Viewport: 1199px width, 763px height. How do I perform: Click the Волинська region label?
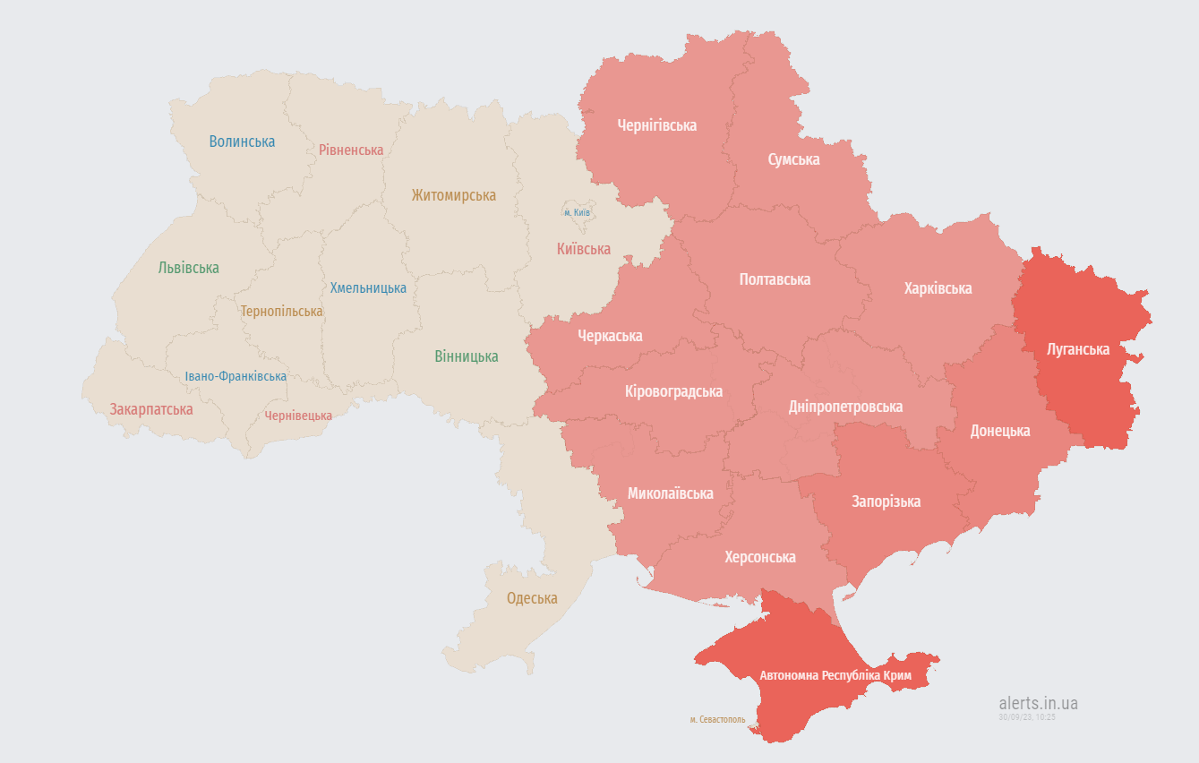242,141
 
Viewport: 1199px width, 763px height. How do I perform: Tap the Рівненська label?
351,150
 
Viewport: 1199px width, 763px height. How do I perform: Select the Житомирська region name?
453,195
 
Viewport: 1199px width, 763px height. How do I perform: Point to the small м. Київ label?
577,212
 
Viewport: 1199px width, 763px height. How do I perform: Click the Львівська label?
188,268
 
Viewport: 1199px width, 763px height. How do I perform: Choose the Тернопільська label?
281,312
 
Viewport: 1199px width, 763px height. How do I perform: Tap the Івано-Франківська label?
236,376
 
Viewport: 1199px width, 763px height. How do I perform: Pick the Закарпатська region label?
151,409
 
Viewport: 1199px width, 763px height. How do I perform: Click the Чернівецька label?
298,416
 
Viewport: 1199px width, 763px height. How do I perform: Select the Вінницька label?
466,356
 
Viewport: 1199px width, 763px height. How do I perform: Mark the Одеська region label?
532,598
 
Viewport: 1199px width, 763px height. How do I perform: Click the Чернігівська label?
656,125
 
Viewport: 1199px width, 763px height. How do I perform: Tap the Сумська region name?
793,159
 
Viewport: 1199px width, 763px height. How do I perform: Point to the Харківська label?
938,288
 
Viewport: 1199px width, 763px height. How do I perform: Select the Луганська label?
1078,349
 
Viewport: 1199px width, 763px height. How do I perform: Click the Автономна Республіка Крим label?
835,675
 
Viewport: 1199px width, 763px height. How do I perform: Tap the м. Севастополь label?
717,719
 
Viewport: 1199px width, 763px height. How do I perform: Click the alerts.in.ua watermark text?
1038,703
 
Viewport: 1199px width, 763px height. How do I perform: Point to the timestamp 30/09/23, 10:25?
1027,716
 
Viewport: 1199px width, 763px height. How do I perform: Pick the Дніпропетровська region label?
845,407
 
